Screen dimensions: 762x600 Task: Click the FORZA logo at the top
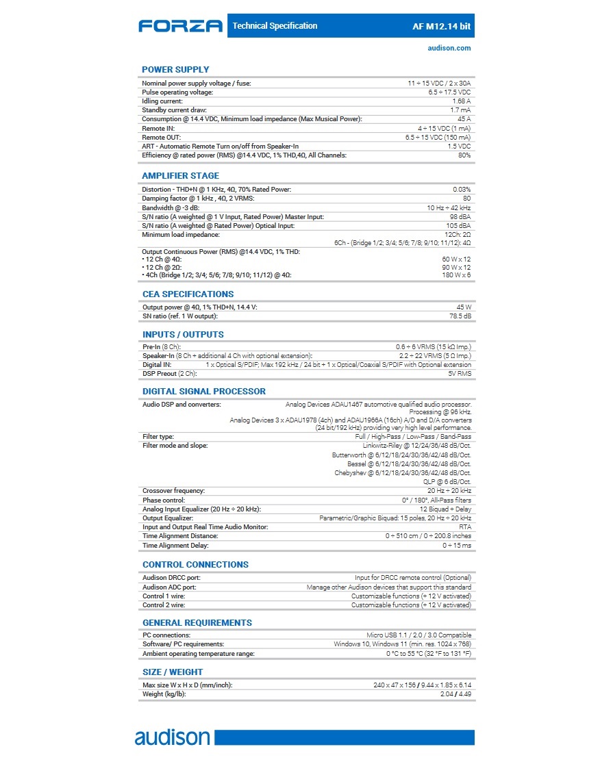(x=180, y=26)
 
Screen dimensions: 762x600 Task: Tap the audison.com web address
(x=449, y=48)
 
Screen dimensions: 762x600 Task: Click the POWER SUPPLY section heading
(x=175, y=70)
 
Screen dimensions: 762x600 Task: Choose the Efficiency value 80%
(x=464, y=155)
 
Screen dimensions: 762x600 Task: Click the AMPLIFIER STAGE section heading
(x=180, y=176)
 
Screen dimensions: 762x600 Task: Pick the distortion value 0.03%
(x=462, y=190)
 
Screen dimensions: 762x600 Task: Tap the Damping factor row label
(x=192, y=199)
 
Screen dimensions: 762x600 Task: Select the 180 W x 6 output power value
(x=456, y=275)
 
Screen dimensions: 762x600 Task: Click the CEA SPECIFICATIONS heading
(x=188, y=294)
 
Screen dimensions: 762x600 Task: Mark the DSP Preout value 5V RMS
(x=460, y=374)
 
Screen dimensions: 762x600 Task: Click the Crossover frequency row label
(x=173, y=492)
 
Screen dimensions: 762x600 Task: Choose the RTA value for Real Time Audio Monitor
(x=465, y=527)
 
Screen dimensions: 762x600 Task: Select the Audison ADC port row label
(x=169, y=587)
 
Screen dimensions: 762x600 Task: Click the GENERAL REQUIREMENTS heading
(x=197, y=623)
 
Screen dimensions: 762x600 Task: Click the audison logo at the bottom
(x=172, y=737)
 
